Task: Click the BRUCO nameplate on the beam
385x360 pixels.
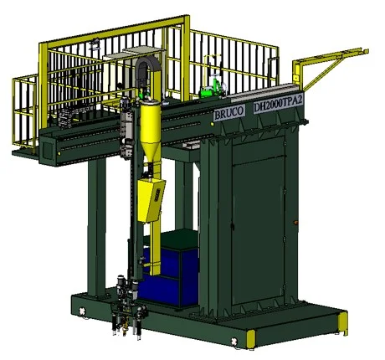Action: pos(229,113)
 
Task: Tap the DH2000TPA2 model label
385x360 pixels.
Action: pos(278,104)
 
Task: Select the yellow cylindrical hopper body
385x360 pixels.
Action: pos(151,122)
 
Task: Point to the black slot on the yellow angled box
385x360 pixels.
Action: pos(157,193)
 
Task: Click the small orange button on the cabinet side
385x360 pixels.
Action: pos(295,223)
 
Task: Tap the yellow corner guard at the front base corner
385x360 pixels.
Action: pos(251,339)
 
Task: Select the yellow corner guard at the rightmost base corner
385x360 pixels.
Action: pos(343,323)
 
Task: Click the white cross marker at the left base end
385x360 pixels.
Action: pos(82,311)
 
